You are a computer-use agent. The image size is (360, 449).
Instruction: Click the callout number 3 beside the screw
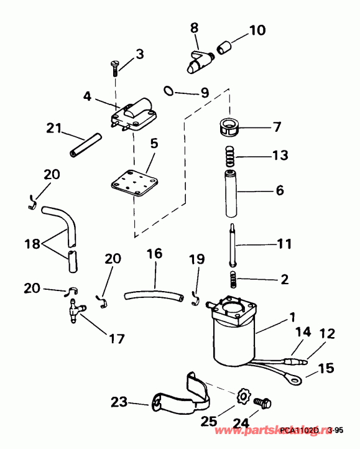point(139,54)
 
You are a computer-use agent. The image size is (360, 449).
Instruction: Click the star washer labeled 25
point(244,395)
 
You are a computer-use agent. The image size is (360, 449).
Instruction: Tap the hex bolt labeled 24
point(265,404)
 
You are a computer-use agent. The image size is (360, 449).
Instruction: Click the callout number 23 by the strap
point(119,402)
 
